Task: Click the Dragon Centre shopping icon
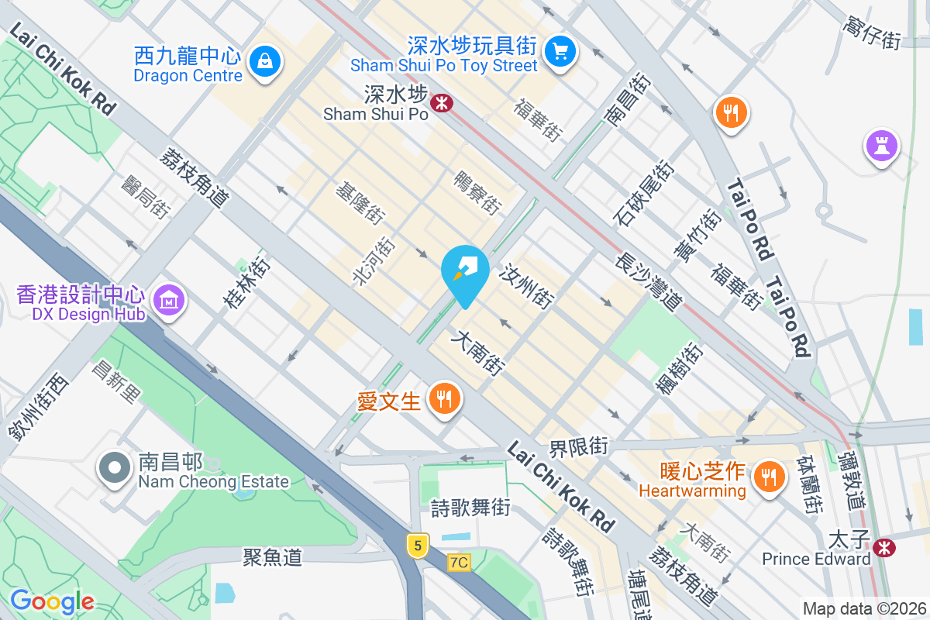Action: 265,59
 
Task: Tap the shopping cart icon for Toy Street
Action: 560,52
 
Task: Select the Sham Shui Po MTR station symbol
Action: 443,102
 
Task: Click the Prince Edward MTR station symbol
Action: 883,547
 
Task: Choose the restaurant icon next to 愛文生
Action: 444,399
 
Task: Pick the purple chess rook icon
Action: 882,144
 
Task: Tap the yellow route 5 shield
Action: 418,546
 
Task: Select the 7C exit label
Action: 459,562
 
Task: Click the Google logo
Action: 52,601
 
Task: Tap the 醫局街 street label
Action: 146,197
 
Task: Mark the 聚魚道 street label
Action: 272,556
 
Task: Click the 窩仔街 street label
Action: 872,33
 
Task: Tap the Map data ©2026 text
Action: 863,609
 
